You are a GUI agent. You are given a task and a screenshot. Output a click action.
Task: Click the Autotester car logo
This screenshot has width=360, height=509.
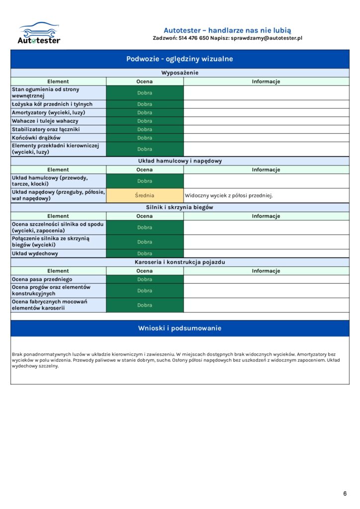pos(39,33)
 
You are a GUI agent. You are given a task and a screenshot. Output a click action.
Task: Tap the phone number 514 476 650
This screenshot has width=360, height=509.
pos(194,38)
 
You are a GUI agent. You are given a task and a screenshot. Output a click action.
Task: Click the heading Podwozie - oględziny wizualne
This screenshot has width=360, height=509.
pos(180,59)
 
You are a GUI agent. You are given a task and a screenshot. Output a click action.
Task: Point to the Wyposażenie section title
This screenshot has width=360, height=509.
pos(180,73)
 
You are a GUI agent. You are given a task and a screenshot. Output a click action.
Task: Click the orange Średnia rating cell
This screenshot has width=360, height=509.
pos(145,195)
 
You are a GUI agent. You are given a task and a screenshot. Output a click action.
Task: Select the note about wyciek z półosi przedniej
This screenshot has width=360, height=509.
pos(229,195)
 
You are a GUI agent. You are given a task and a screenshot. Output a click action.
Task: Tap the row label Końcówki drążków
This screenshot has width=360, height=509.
pos(36,138)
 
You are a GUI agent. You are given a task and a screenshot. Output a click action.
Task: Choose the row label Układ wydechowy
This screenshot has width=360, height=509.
pos(35,254)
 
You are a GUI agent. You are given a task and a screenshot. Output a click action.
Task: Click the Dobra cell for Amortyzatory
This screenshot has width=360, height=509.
pos(145,113)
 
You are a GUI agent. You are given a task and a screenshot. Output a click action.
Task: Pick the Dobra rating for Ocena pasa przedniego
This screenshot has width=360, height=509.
pos(145,279)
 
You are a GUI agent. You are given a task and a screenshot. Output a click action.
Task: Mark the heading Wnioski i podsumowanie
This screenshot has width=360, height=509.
pos(180,328)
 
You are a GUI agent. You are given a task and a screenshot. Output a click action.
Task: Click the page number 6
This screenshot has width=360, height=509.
pos(345,494)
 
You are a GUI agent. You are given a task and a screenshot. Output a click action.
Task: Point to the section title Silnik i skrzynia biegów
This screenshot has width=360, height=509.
pos(180,207)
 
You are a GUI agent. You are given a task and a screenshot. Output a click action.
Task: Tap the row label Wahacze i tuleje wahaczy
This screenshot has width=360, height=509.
pos(45,121)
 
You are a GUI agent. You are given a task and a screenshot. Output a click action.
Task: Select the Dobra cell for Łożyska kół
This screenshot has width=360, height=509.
pos(145,104)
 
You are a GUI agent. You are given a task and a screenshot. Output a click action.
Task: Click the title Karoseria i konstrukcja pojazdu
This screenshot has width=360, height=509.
pos(180,262)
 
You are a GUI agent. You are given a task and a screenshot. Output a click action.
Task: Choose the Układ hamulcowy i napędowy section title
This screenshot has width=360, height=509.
pos(180,161)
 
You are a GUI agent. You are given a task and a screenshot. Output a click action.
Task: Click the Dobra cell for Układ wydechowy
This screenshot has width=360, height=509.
pos(145,254)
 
